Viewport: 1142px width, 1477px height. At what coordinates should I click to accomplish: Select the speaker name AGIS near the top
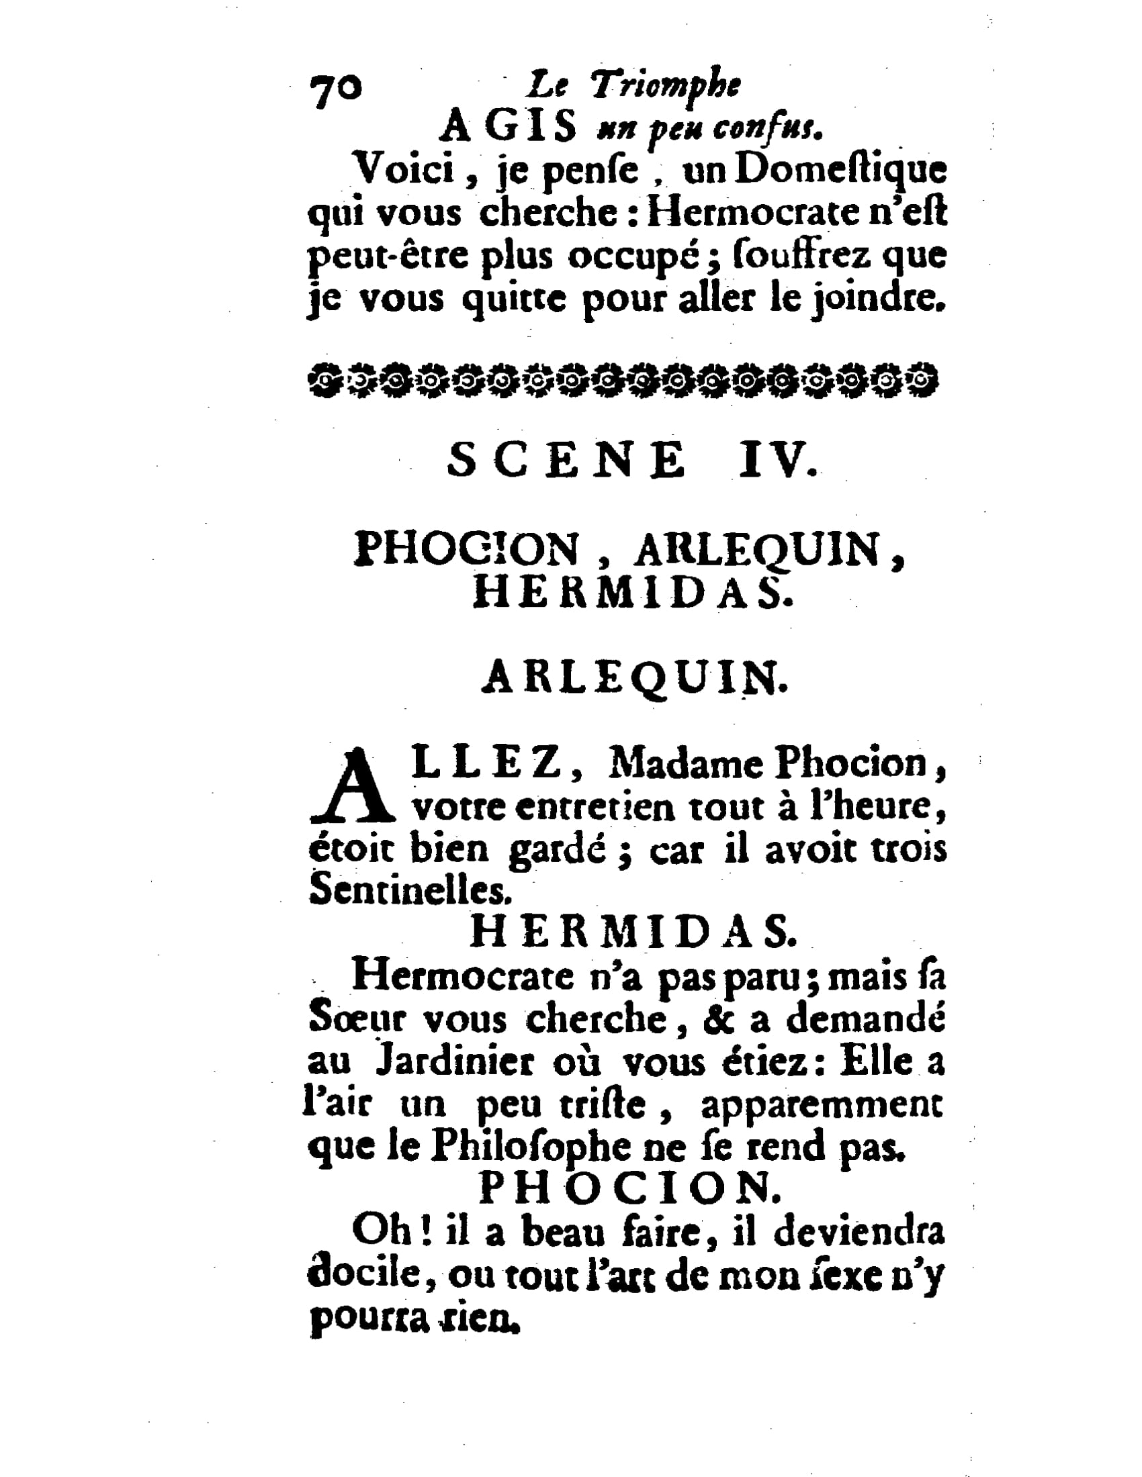click(x=508, y=127)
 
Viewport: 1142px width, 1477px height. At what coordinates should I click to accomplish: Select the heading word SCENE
click(x=566, y=461)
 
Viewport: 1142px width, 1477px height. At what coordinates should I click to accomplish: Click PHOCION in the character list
click(x=467, y=549)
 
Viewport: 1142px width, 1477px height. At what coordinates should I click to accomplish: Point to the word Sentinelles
click(x=408, y=892)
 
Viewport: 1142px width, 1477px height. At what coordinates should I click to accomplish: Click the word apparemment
click(x=822, y=1105)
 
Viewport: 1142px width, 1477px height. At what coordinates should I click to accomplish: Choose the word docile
click(x=365, y=1274)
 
